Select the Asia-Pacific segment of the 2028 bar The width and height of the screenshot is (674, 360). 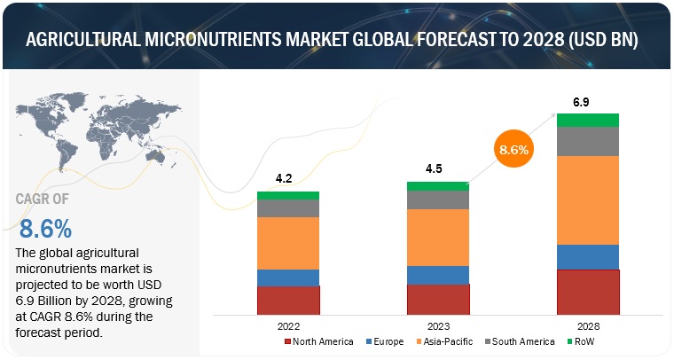[x=587, y=200]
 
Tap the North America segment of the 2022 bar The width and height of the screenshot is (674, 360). [x=288, y=300]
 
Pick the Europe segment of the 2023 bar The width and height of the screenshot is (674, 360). [x=437, y=275]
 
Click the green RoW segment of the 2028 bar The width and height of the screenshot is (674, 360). [x=587, y=120]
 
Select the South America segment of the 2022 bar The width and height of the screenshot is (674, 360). [x=288, y=207]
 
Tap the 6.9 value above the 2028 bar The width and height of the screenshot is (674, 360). [x=582, y=102]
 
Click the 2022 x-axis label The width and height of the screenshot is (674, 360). [x=288, y=325]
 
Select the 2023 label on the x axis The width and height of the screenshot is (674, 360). [x=437, y=325]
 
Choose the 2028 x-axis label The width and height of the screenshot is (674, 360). [x=587, y=325]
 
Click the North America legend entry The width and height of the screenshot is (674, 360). [x=317, y=342]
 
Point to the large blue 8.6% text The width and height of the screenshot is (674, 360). [x=44, y=229]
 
